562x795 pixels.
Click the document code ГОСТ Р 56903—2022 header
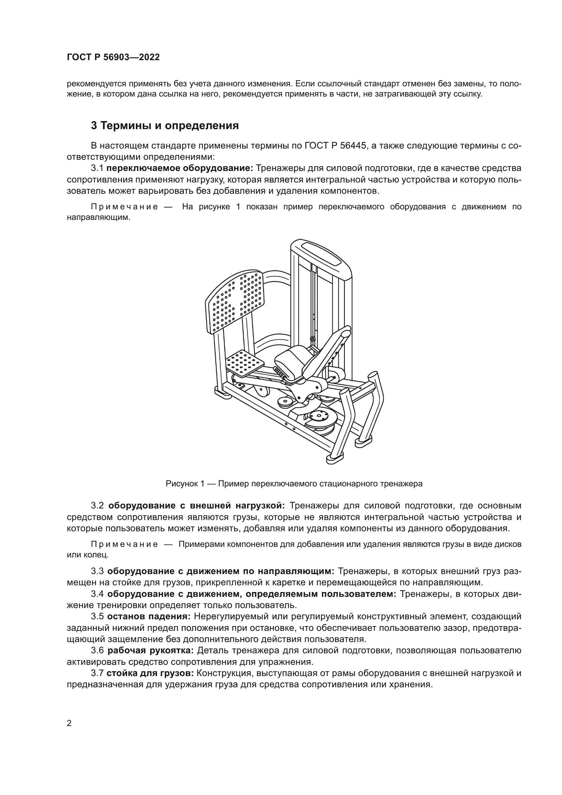[x=113, y=57]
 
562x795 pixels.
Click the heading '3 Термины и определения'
[x=165, y=125]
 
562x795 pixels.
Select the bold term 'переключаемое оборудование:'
[x=180, y=168]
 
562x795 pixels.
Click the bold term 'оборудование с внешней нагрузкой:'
[x=196, y=506]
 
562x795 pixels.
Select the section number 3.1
[x=97, y=168]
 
